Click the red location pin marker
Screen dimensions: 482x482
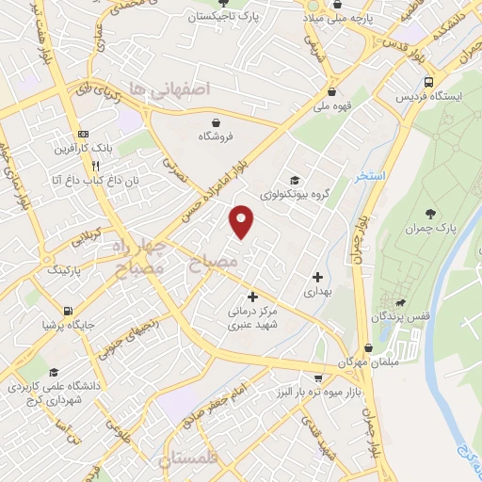click(x=243, y=221)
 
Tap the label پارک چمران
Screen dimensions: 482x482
click(x=434, y=230)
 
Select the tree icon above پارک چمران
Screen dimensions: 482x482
click(x=432, y=215)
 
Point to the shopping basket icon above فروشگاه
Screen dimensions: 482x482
click(x=217, y=122)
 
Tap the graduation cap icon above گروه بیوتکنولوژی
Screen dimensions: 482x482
click(x=295, y=180)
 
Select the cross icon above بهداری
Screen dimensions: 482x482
click(x=317, y=278)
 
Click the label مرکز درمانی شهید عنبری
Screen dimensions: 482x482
click(x=251, y=317)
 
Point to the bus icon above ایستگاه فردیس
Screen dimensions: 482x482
click(x=429, y=82)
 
